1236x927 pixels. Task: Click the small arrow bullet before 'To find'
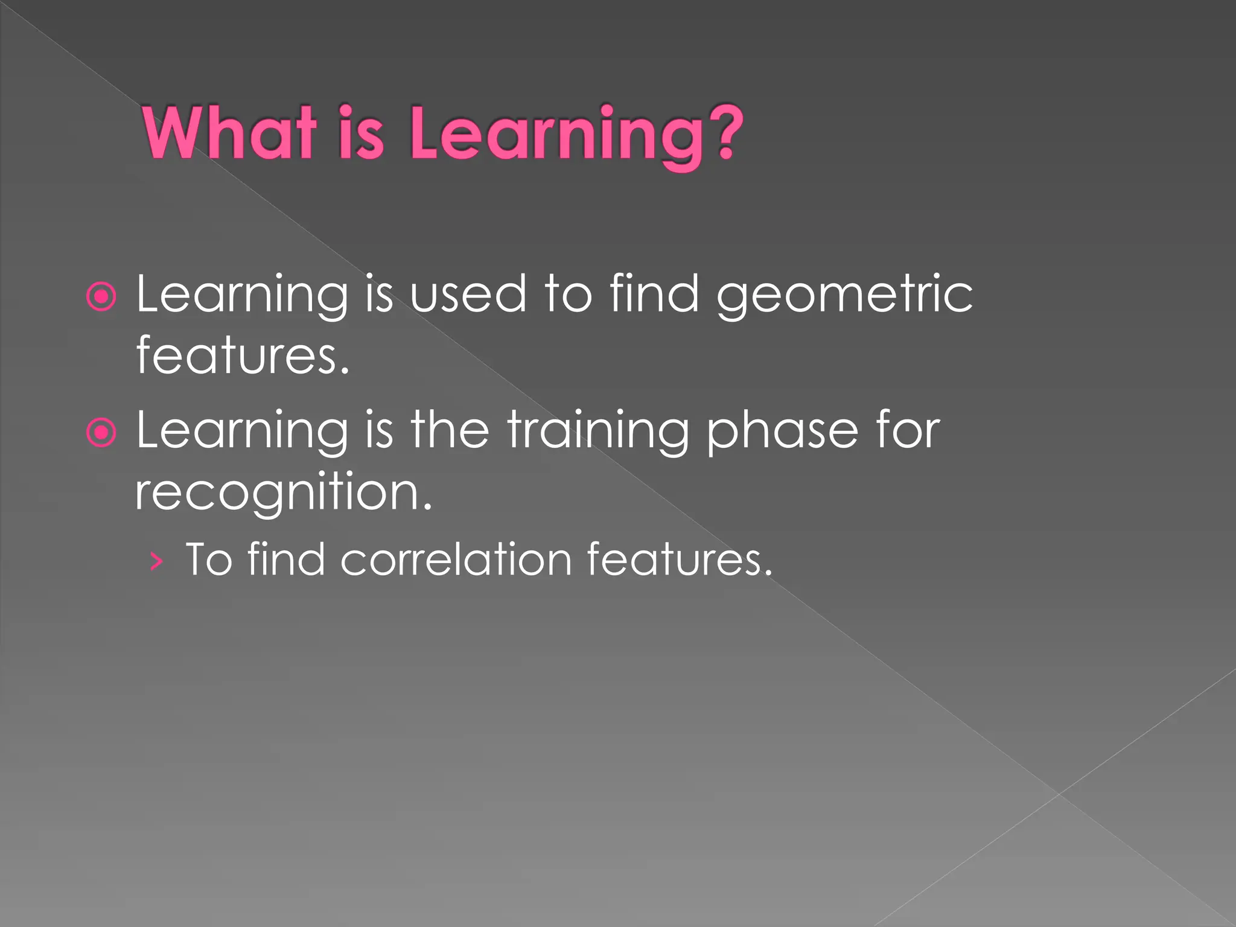point(156,562)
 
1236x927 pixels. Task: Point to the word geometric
point(844,296)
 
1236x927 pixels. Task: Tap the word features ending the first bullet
point(242,355)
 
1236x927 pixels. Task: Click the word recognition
point(283,492)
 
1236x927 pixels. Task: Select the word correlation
point(456,559)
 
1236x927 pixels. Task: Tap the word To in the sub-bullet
point(209,559)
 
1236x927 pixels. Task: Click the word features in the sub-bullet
point(678,559)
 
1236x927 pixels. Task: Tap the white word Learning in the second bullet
point(242,432)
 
